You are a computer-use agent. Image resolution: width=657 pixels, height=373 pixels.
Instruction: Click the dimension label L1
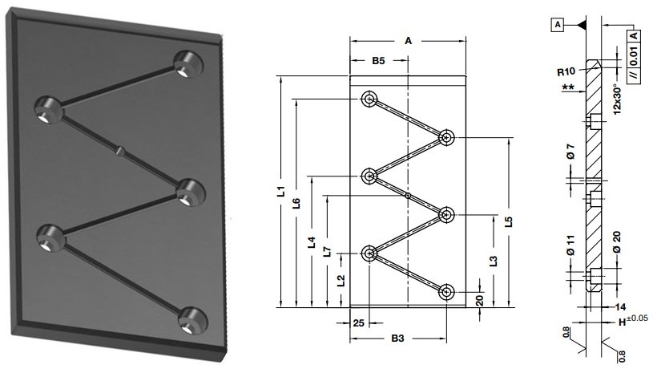click(x=282, y=192)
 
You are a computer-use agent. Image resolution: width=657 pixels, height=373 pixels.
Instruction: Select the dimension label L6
click(x=296, y=203)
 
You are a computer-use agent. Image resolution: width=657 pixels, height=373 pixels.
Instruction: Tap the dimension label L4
click(x=312, y=242)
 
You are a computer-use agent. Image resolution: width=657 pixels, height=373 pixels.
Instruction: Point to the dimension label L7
click(x=328, y=251)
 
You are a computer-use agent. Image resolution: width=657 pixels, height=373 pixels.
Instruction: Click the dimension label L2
click(x=342, y=280)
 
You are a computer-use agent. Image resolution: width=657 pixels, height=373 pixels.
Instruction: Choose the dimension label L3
click(x=494, y=261)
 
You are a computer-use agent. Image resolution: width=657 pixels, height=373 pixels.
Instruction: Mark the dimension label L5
click(x=508, y=221)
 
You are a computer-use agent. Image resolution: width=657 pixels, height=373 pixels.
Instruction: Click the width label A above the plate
click(x=408, y=41)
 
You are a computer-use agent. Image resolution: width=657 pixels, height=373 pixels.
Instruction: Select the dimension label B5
click(x=378, y=61)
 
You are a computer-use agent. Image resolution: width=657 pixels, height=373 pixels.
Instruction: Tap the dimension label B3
click(x=397, y=339)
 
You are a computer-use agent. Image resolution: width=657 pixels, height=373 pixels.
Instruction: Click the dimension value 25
click(x=359, y=323)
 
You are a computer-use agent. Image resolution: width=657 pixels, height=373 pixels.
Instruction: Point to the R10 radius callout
click(x=566, y=71)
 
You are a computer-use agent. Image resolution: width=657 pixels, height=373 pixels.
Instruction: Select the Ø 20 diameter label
click(x=617, y=242)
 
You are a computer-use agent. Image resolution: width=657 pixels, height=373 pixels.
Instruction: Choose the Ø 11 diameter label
click(x=570, y=245)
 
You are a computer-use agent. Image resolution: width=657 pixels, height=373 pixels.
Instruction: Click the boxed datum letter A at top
click(x=558, y=25)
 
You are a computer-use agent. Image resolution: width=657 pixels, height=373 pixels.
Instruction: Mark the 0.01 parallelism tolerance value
click(x=635, y=56)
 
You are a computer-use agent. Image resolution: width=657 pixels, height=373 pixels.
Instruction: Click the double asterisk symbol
click(x=568, y=87)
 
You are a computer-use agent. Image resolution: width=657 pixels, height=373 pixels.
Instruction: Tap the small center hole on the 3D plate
click(x=120, y=150)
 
